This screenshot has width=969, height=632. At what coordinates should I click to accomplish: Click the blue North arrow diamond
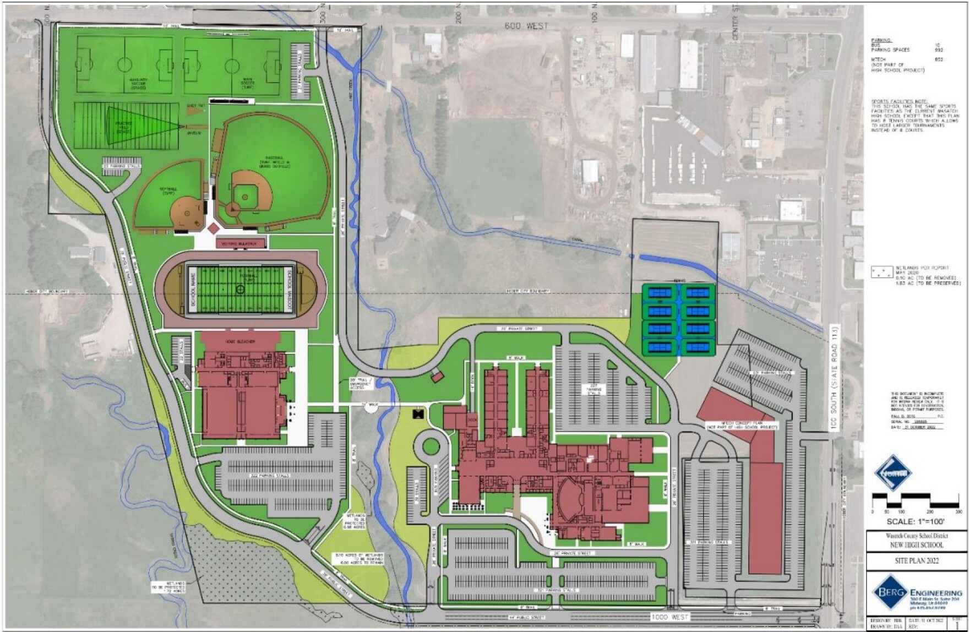pyautogui.click(x=893, y=473)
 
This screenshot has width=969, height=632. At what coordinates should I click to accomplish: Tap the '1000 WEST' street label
pyautogui.click(x=668, y=617)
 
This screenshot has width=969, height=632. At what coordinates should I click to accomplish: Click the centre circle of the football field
pyautogui.click(x=239, y=288)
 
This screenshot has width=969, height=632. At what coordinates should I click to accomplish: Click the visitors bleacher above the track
pyautogui.click(x=240, y=243)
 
